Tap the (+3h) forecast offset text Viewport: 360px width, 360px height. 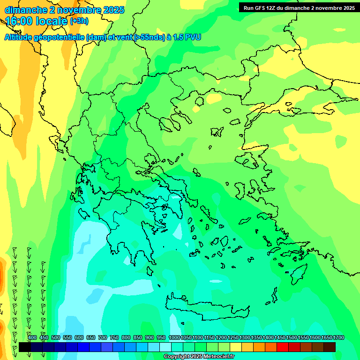(x=79, y=21)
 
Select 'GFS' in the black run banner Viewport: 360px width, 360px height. (x=263, y=8)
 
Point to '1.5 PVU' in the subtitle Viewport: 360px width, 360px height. (x=187, y=37)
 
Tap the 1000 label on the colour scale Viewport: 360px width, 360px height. (x=174, y=337)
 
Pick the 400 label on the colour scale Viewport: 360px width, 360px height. (x=32, y=337)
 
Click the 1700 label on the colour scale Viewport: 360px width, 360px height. (x=339, y=337)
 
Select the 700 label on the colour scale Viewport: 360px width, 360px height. (x=103, y=337)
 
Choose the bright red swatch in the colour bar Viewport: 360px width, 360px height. (x=283, y=347)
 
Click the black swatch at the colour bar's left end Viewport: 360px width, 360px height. (x=25, y=347)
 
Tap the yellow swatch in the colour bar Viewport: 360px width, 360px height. (x=236, y=347)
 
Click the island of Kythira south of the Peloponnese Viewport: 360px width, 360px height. (x=150, y=271)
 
